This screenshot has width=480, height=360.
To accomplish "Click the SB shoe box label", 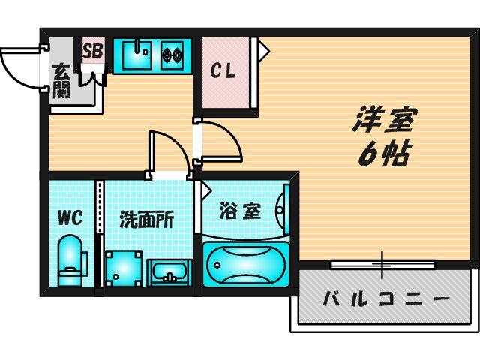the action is tap(93, 51).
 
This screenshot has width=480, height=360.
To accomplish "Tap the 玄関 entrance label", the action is tap(61, 81).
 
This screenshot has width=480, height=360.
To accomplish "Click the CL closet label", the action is tap(223, 71).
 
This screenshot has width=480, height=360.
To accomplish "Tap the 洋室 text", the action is tap(385, 120).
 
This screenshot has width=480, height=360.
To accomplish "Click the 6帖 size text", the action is tap(384, 154).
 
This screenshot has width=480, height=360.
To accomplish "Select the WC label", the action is tap(70, 218).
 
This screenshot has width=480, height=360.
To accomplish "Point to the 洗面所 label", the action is tap(146, 220).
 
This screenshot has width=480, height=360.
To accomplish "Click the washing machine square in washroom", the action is tap(124, 268).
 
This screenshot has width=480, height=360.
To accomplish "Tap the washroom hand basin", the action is tap(169, 273).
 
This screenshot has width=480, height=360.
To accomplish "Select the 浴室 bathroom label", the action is tap(240, 211).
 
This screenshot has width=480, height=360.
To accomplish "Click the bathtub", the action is tap(246, 265).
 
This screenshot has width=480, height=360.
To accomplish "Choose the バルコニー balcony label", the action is tap(387, 298).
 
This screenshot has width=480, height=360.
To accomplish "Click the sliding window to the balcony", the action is tap(383, 265).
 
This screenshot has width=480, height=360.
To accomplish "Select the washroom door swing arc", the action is tap(178, 146).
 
